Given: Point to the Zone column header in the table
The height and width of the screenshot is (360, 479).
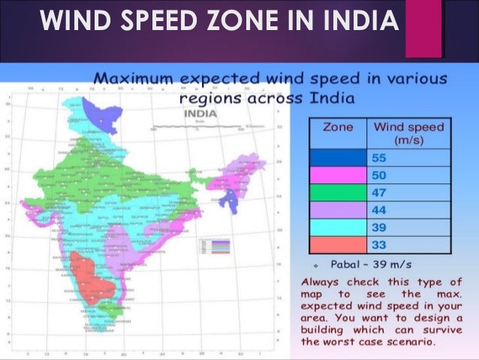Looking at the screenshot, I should coord(338,129).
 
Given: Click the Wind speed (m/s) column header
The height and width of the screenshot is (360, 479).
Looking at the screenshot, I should coord(408,135).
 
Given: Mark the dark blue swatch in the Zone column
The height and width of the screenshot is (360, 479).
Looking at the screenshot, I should coord(338,158).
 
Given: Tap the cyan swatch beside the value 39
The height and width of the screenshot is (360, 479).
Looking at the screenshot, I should coord(338,228).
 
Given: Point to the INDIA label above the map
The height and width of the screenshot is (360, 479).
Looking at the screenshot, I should coord(200,113).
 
